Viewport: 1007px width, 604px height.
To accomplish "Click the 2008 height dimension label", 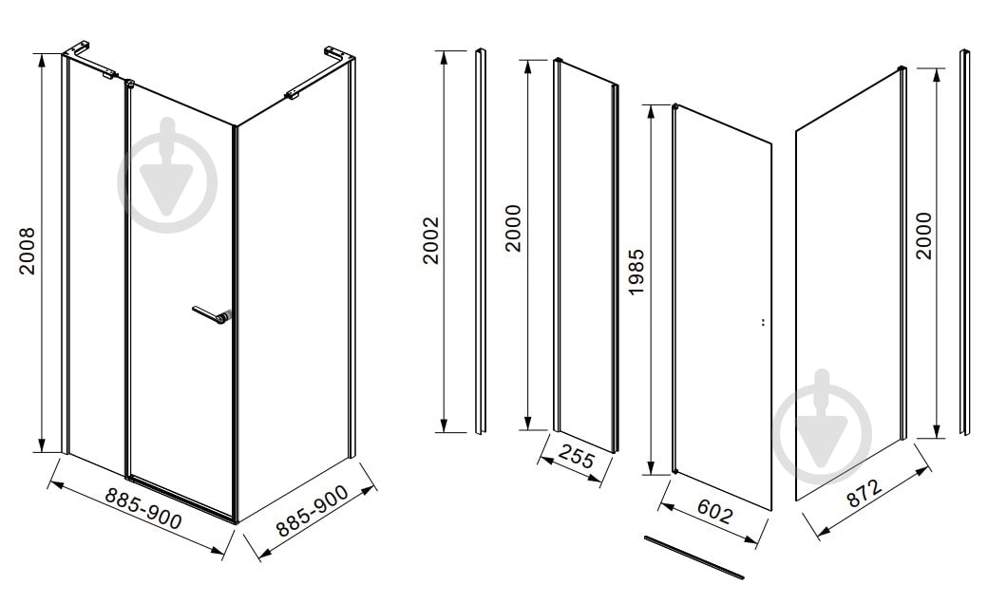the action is click(28, 251).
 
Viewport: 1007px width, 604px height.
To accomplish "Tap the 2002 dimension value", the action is click(430, 240).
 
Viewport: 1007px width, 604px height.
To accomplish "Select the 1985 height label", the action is click(636, 272).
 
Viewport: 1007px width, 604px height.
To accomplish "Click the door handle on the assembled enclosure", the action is click(211, 315).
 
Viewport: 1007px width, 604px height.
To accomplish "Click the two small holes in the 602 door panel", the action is click(762, 322).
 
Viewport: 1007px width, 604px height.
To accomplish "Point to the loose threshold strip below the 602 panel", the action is click(694, 557).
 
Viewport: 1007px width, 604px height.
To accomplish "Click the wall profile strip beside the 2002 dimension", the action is click(481, 241).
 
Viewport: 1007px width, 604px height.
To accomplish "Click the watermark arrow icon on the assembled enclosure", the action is click(167, 176).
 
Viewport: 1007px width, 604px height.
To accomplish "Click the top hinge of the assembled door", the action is click(130, 83).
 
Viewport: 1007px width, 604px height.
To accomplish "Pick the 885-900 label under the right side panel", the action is click(313, 510).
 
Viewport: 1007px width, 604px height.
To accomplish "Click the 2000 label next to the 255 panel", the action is click(513, 228).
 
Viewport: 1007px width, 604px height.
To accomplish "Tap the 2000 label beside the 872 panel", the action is click(923, 236).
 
